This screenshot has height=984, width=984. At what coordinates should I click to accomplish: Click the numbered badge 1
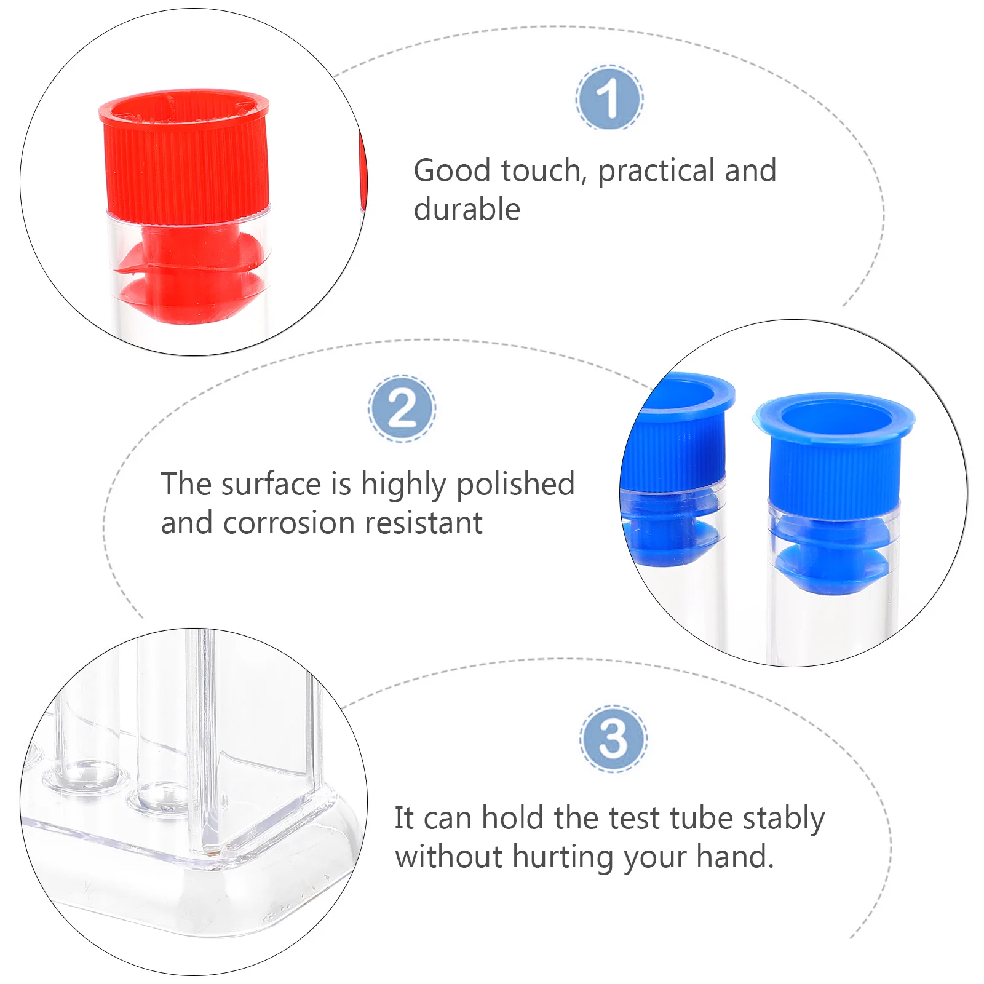[x=609, y=98]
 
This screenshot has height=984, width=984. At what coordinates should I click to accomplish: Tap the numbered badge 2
[x=402, y=408]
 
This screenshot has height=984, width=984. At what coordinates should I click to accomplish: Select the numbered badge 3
[x=613, y=739]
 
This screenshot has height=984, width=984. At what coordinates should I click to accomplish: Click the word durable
[x=467, y=209]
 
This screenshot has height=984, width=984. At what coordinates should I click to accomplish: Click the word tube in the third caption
[x=702, y=819]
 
